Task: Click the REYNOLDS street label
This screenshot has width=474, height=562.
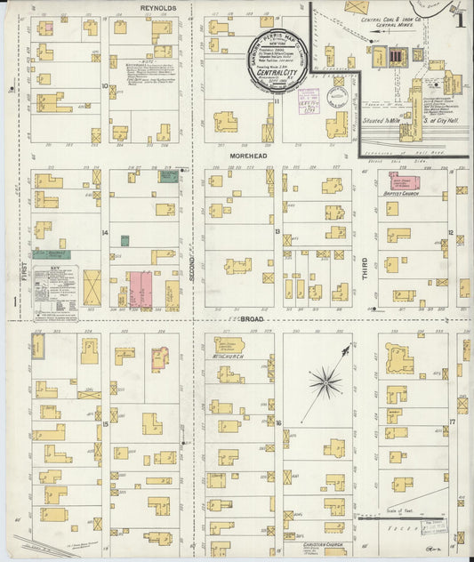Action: (x=158, y=7)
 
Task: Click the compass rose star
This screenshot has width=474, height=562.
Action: (x=325, y=383)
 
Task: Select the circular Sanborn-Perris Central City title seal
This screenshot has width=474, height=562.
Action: (x=280, y=61)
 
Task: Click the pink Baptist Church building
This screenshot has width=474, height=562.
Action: (x=405, y=181)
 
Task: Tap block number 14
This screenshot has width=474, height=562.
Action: (x=104, y=233)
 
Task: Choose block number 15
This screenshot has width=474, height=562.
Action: (x=105, y=424)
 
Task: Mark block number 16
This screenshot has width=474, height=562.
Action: (x=278, y=423)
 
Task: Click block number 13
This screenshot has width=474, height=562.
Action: (x=278, y=232)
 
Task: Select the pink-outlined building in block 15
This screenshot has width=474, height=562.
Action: (x=160, y=358)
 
